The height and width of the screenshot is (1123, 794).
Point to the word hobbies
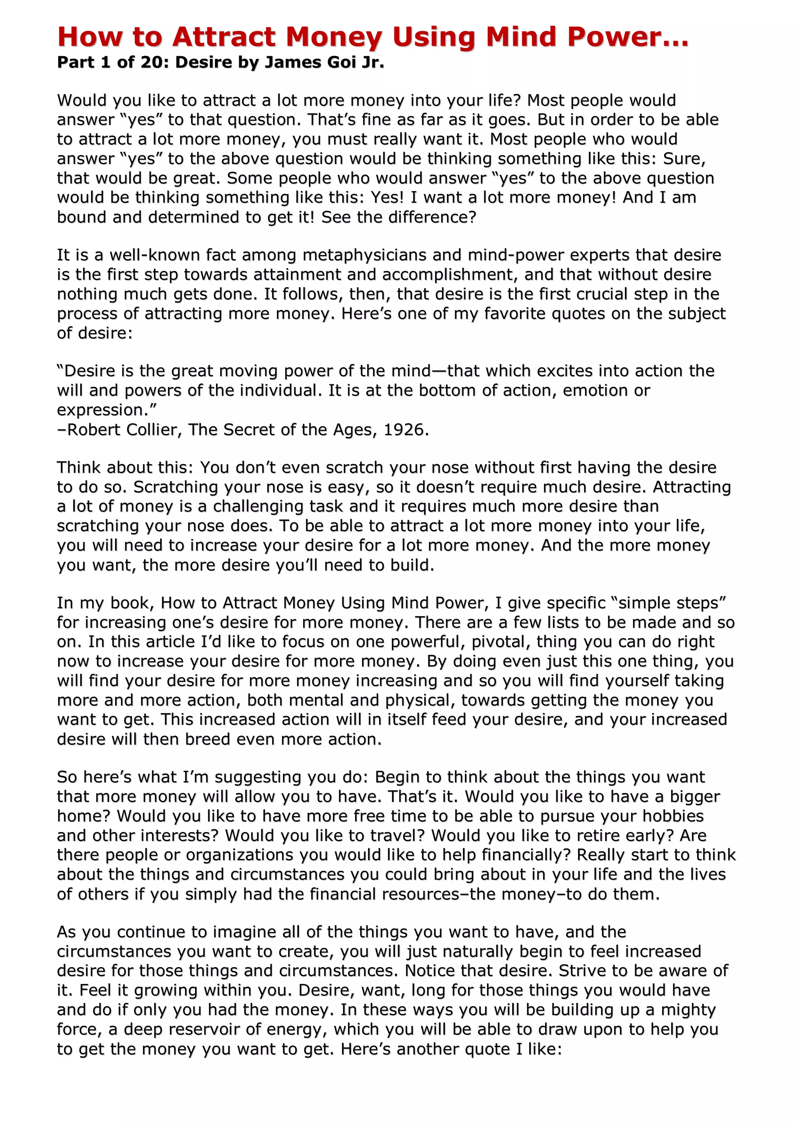673,816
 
